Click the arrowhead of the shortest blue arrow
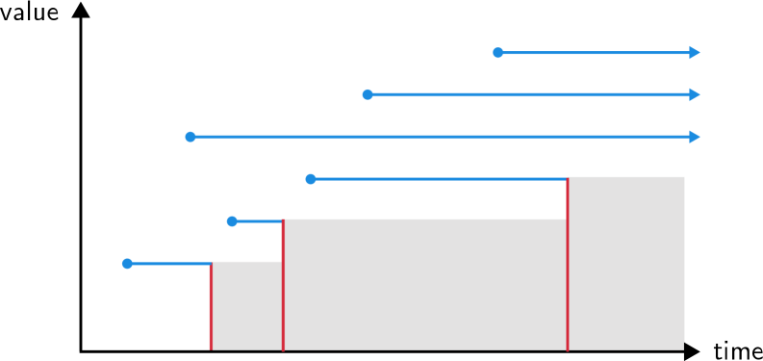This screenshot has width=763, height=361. [x=695, y=53]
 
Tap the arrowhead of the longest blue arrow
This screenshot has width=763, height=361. [x=695, y=137]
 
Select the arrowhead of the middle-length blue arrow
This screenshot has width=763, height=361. [x=695, y=94]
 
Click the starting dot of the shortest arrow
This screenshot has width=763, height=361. [x=497, y=53]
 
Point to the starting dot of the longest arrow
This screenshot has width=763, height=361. [x=191, y=137]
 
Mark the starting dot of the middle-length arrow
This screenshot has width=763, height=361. [x=368, y=94]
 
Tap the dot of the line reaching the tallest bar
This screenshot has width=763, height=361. [x=311, y=179]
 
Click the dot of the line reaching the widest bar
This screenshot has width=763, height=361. [x=232, y=221]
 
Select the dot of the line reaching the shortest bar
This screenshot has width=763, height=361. [x=127, y=264]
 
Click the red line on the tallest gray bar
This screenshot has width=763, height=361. [x=568, y=263]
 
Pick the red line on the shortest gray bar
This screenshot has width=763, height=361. [x=211, y=305]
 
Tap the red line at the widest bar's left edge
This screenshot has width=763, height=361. [x=283, y=284]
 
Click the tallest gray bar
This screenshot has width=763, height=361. [x=626, y=263]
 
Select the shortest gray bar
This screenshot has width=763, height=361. [x=246, y=305]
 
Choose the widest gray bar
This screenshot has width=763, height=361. [x=424, y=284]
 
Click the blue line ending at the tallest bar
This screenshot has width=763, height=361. [x=439, y=179]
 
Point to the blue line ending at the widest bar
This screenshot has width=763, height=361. [x=257, y=221]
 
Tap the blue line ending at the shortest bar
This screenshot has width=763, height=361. [x=168, y=264]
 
